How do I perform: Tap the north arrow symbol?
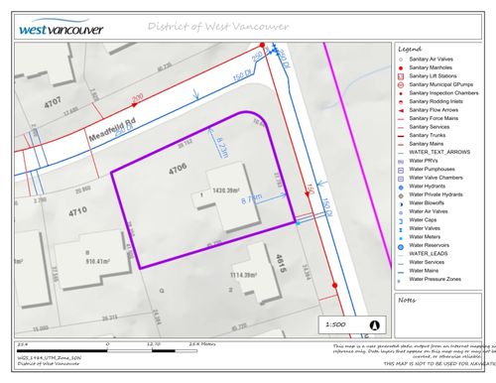click(x=374, y=323)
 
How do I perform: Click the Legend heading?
click(x=410, y=48)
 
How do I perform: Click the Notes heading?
click(x=407, y=299)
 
